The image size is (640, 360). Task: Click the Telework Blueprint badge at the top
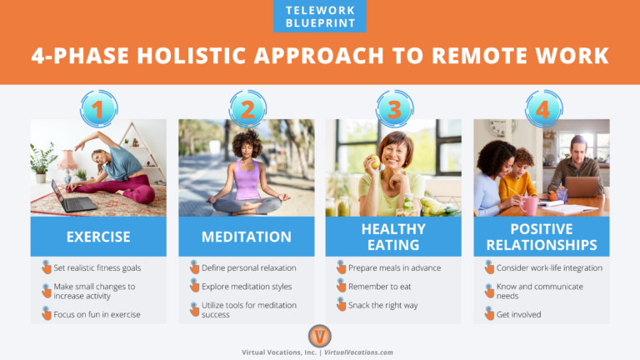[319, 16]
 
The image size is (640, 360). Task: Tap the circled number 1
[98, 108]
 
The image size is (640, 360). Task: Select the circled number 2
[246, 108]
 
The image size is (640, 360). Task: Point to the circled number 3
[394, 108]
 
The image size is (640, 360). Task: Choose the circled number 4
[542, 108]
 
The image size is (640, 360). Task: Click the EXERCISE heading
[98, 237]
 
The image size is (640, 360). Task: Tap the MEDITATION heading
[246, 237]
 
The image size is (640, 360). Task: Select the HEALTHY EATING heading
[394, 237]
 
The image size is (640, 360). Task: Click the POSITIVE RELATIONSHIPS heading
[542, 237]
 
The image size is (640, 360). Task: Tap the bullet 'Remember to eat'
[380, 287]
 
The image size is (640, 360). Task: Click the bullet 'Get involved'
[518, 314]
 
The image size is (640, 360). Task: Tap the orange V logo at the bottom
[319, 335]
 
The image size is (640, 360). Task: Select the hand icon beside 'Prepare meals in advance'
[342, 267]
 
